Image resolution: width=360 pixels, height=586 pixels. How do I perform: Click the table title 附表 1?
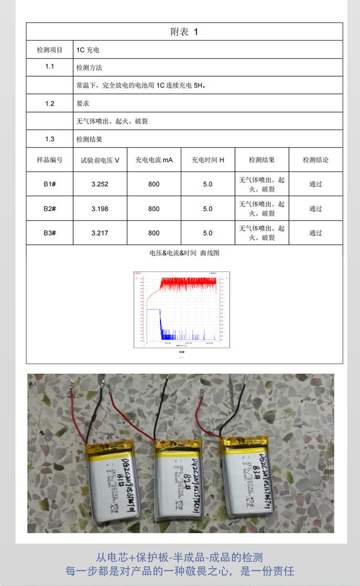coord(184,32)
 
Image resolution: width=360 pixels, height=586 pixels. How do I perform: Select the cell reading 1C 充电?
coord(87,50)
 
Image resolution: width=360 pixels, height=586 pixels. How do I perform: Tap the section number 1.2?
coord(50,103)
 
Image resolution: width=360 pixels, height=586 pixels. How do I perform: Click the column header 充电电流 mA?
coord(154,160)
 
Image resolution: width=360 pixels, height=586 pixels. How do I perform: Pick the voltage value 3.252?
coord(100,184)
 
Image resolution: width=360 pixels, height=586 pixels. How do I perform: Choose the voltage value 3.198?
coord(100,209)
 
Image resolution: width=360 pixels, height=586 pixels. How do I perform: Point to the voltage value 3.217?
coord(100,233)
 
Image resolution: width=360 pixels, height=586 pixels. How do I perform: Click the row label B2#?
coord(50,209)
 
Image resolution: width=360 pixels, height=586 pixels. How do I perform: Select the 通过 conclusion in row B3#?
coord(315,233)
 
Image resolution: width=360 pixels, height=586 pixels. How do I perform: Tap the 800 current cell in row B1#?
coord(154,184)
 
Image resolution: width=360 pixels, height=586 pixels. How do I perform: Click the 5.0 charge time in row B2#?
coord(208,209)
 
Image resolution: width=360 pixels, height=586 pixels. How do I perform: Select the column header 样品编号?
coord(50,160)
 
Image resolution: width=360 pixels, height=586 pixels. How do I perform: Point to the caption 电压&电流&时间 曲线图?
coord(184,253)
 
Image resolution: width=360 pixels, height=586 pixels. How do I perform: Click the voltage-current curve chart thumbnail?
coord(181,310)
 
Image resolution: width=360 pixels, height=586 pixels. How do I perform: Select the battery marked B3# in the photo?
coord(247,476)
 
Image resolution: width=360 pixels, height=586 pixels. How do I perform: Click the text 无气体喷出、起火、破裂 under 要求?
coord(112,122)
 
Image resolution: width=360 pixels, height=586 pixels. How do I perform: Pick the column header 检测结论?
coord(315,160)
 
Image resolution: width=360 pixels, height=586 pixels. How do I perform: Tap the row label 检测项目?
coord(50,50)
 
